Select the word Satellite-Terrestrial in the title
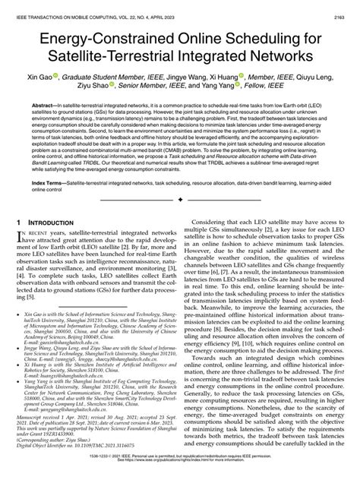point(118,57)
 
